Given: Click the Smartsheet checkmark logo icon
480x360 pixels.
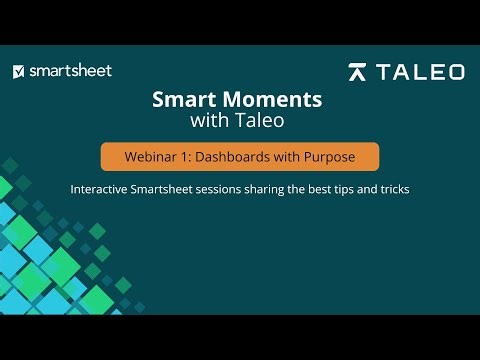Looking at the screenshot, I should (x=19, y=71).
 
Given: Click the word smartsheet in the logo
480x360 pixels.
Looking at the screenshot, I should (x=70, y=71).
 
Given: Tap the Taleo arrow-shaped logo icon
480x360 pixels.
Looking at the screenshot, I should (x=358, y=72).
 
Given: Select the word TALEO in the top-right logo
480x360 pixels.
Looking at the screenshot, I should (x=420, y=72).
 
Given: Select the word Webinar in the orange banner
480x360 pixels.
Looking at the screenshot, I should (x=152, y=157).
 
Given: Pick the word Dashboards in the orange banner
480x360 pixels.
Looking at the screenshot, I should (x=236, y=157).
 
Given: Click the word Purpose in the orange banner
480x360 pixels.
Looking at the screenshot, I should (x=330, y=157).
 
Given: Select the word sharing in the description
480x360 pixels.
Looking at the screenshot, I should (x=290, y=188).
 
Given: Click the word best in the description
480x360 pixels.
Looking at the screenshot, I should (x=348, y=188).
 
